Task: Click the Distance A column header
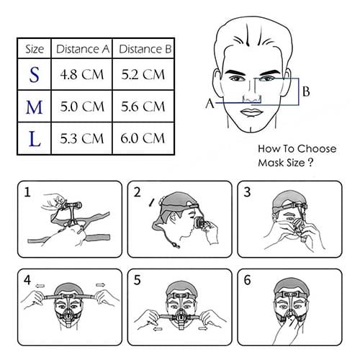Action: (83, 49)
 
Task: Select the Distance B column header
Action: (145, 49)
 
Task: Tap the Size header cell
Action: (35, 49)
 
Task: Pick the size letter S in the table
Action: (34, 75)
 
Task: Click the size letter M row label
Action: (34, 107)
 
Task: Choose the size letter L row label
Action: (35, 139)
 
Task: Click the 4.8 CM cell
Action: (82, 74)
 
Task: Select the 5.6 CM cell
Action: (143, 107)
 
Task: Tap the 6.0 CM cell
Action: (143, 138)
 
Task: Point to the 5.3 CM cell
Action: (82, 138)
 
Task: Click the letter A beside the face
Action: (210, 104)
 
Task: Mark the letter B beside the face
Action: (306, 91)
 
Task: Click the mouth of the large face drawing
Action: (251, 112)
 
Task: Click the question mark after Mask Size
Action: (310, 163)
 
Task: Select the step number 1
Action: (27, 192)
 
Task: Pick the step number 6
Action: (247, 280)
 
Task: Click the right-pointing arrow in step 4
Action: (101, 285)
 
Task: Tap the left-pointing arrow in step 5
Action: (158, 329)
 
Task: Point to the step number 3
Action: (247, 192)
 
